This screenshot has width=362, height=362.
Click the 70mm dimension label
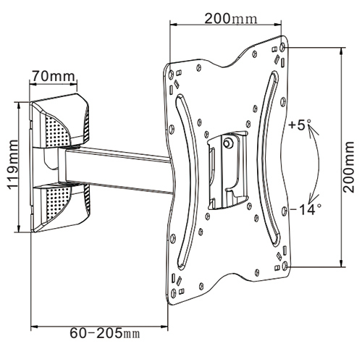tap(54, 76)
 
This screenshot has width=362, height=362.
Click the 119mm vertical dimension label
tap(13, 164)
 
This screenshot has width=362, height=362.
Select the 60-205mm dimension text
tap(105, 334)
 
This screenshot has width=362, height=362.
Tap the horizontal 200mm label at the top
tap(231, 18)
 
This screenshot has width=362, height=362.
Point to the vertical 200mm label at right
tap(349, 167)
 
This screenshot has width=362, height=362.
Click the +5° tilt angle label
tap(300, 125)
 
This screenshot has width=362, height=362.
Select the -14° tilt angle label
tap(306, 209)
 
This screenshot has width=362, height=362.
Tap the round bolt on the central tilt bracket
tap(227, 143)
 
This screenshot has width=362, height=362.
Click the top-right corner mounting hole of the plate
tap(282, 47)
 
